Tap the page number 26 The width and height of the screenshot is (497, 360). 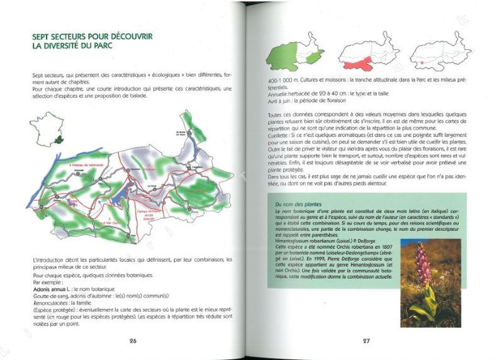pos(133,340)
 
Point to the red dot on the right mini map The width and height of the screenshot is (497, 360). pos(419,63)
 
